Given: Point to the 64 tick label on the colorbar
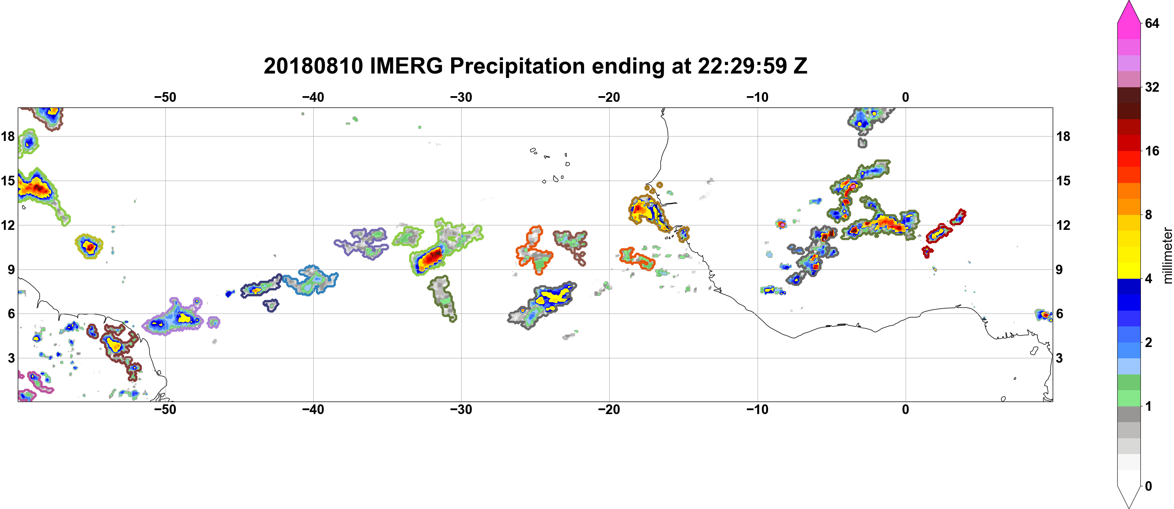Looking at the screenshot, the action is click(1152, 23).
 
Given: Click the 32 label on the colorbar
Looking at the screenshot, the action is click(1152, 87).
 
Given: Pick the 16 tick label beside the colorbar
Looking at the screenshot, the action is click(1152, 151).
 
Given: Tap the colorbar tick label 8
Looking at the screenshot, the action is click(1149, 215).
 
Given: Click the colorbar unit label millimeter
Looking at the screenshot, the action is click(1167, 255).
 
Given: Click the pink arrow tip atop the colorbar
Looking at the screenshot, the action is click(1128, 3).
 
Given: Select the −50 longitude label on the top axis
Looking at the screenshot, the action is click(165, 97).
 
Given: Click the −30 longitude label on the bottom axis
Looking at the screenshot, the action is click(461, 410).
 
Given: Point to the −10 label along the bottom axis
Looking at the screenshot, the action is click(758, 410).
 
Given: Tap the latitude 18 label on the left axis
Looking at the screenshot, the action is click(8, 136).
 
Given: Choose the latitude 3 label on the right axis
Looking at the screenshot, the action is click(1059, 358).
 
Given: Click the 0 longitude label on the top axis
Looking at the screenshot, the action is click(906, 97).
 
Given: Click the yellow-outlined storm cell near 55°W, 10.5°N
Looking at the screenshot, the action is click(89, 246).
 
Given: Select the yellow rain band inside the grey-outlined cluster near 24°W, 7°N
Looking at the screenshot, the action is click(553, 297).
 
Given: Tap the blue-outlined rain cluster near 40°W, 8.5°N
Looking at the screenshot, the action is click(310, 280).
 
